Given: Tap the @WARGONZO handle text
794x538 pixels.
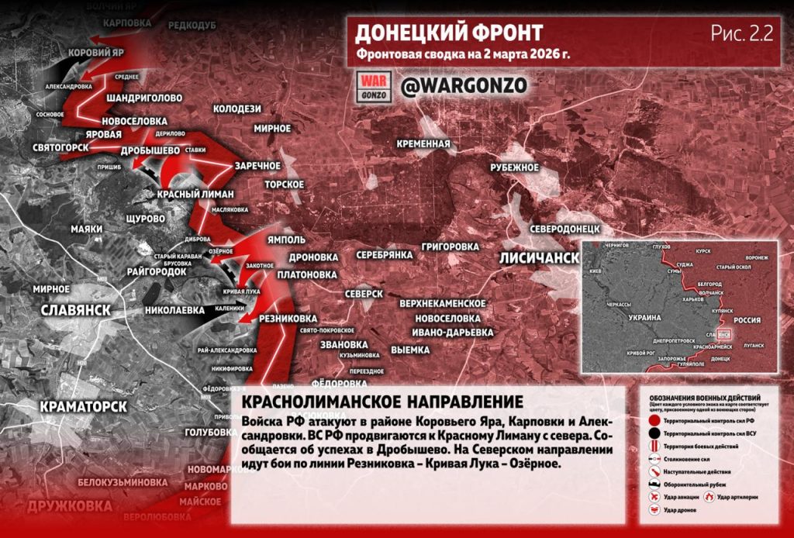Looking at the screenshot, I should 454,85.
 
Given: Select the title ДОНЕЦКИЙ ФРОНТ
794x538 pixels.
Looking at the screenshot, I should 448,33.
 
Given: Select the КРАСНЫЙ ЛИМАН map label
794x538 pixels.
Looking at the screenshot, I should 191,194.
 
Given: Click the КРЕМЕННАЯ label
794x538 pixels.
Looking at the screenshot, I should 423,144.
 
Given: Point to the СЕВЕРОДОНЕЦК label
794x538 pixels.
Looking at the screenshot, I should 566,230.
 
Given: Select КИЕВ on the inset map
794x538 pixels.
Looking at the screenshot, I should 595,272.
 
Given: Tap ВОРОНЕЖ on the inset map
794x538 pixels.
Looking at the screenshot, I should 757,257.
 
